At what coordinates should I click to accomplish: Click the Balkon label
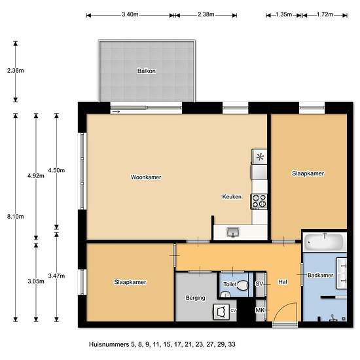147,71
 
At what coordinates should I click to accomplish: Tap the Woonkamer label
146,177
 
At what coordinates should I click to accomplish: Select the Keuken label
232,196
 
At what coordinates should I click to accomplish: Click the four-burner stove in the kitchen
259,202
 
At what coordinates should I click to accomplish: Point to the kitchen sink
233,232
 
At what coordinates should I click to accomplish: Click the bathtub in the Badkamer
325,242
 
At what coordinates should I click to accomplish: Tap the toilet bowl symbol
242,285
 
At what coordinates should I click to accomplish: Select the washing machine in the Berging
221,312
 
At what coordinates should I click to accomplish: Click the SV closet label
259,284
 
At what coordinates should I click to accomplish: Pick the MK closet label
260,310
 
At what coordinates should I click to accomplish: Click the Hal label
283,282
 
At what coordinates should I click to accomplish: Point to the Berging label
196,298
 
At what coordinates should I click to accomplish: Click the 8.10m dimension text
16,217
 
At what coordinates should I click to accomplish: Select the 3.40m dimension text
130,14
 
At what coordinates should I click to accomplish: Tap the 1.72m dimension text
325,14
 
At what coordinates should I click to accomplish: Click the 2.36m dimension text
16,71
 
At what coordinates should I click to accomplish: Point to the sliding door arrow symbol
116,111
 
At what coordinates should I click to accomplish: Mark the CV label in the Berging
233,311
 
